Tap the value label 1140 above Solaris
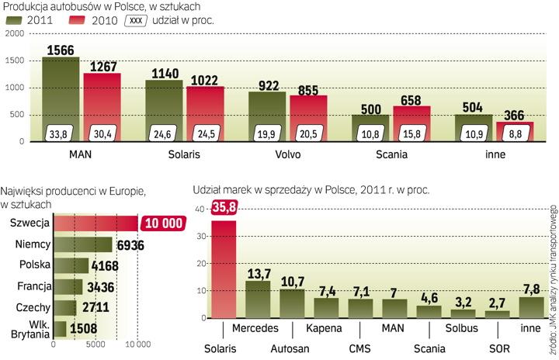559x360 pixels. (x=163, y=72)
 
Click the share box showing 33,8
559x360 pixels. (x=61, y=133)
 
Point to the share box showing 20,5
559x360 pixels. (x=308, y=133)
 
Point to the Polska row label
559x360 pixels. (x=34, y=265)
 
